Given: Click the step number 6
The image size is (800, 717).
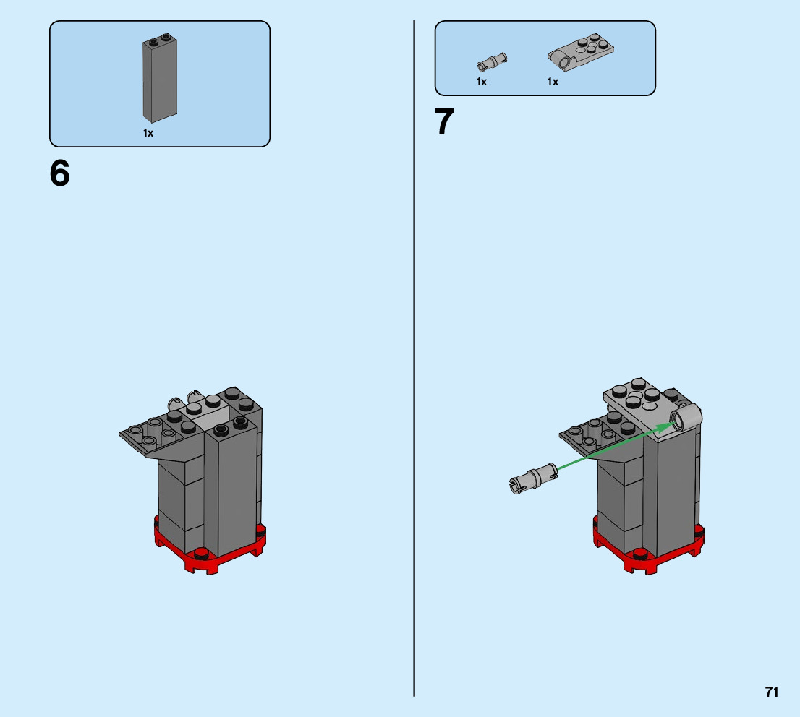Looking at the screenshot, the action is tap(60, 173).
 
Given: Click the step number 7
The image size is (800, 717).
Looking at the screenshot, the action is tap(444, 122).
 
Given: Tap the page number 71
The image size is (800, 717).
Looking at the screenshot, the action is tap(772, 692).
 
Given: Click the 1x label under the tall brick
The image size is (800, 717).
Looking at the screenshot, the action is tap(148, 133).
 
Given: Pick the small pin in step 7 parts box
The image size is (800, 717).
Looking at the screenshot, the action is tap(493, 61).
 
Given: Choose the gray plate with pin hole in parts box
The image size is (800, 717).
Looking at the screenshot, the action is tap(581, 51).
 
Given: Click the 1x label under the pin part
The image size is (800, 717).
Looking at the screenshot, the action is tap(482, 82).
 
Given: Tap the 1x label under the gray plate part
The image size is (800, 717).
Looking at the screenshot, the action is tap(553, 82).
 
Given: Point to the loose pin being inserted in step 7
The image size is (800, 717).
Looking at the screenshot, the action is tap(534, 477).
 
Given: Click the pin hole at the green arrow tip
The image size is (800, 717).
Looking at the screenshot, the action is tap(679, 421).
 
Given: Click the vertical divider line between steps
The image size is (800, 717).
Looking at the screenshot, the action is tap(414, 358).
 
